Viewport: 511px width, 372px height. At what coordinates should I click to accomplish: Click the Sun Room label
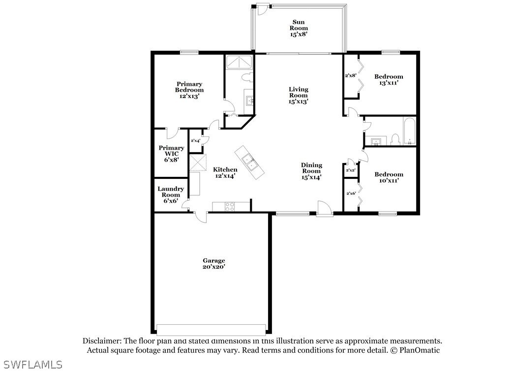tap(299, 29)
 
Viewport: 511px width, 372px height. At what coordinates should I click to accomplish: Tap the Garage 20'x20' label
tap(214, 264)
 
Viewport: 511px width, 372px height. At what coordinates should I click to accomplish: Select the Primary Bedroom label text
tap(189, 90)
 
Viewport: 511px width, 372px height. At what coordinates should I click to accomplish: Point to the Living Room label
tap(299, 96)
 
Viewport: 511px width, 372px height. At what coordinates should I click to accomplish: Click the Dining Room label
tap(312, 171)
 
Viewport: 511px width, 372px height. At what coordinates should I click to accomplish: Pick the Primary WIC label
tap(171, 153)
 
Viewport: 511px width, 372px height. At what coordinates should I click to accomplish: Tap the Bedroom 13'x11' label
tap(389, 80)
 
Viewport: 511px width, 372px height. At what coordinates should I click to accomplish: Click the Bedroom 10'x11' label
tap(389, 177)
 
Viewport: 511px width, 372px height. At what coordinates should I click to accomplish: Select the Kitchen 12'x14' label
tap(225, 172)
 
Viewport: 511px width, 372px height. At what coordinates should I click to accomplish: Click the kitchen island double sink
tap(249, 161)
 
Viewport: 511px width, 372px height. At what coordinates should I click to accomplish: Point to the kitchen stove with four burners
tap(230, 206)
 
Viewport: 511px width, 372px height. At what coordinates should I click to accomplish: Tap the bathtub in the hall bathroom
tap(409, 132)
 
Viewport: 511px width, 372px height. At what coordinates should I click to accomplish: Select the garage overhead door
tap(211, 329)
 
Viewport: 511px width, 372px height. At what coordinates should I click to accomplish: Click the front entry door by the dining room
tap(325, 209)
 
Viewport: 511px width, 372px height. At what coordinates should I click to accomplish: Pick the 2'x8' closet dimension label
tap(350, 75)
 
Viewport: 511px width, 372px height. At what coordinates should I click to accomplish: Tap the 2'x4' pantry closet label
tap(195, 141)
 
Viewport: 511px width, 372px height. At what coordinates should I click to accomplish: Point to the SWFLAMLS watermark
tap(31, 365)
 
